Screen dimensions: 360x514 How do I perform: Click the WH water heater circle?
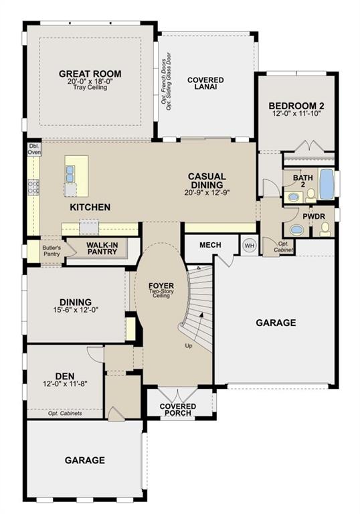250,245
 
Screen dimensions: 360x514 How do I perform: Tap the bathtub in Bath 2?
327,185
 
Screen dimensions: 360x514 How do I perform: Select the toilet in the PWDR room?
325,228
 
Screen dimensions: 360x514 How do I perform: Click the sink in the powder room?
297,230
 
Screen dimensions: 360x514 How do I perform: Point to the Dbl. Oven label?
34,149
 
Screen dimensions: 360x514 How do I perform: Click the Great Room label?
90,74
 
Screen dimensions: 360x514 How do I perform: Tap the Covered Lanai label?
205,83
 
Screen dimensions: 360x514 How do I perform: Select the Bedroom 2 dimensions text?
296,114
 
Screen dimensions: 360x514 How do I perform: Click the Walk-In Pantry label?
102,248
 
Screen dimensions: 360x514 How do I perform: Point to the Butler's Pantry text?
52,251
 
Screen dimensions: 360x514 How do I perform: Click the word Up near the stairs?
189,346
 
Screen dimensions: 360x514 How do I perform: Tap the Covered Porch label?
178,410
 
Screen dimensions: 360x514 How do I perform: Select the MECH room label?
210,245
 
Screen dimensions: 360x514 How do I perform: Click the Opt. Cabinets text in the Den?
65,414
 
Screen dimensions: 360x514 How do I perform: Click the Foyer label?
161,286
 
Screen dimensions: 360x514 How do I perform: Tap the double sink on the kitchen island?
70,174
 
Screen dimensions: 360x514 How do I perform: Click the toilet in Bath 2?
311,195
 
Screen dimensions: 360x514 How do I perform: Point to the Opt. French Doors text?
163,81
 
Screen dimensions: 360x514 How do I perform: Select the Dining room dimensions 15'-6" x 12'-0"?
76,309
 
